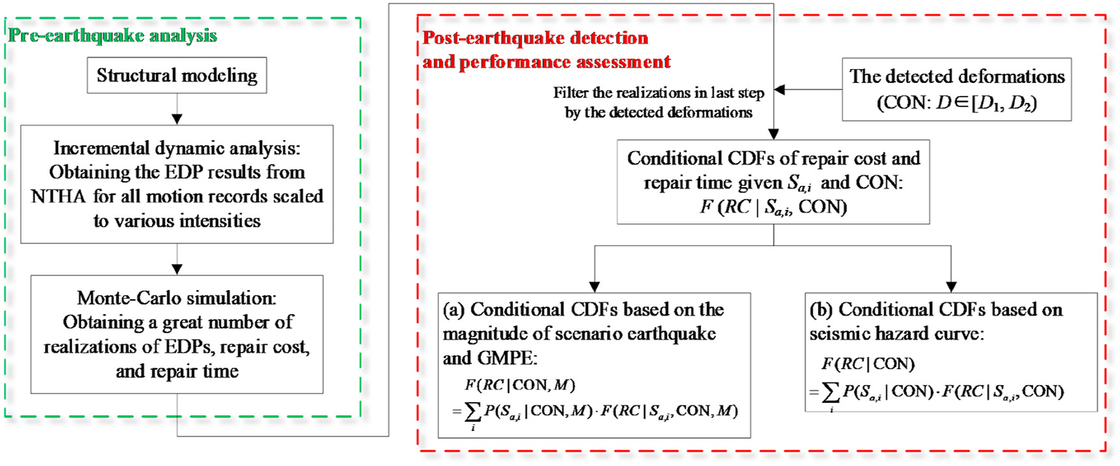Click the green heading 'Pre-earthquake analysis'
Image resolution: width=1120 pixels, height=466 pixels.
[112, 36]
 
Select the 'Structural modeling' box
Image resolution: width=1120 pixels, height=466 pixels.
[176, 76]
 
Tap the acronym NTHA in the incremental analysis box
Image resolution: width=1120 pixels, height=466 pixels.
[58, 197]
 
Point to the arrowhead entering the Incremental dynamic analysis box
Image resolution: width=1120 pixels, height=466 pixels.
[176, 119]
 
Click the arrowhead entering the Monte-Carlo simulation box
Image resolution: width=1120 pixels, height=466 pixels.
[176, 269]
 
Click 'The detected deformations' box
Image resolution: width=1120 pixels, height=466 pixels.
[956, 89]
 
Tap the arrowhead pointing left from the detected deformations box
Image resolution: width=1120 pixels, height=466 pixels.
[779, 90]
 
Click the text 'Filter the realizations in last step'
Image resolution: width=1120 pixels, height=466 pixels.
[658, 93]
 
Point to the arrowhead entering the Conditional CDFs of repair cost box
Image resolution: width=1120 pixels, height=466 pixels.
[773, 134]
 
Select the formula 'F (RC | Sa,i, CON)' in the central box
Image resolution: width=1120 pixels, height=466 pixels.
[773, 207]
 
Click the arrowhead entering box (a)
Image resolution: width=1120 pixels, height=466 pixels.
[594, 287]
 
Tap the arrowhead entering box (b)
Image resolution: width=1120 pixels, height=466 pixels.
[951, 287]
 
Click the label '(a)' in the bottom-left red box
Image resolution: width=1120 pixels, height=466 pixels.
[454, 310]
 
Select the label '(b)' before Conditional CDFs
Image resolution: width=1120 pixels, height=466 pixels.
[820, 310]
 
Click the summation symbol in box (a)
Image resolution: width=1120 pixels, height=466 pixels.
[473, 411]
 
